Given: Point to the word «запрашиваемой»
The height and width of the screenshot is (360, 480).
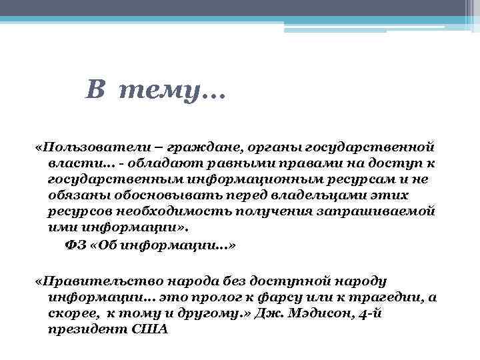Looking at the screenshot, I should (377, 211).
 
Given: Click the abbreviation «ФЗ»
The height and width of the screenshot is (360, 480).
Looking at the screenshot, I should (75, 245).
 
